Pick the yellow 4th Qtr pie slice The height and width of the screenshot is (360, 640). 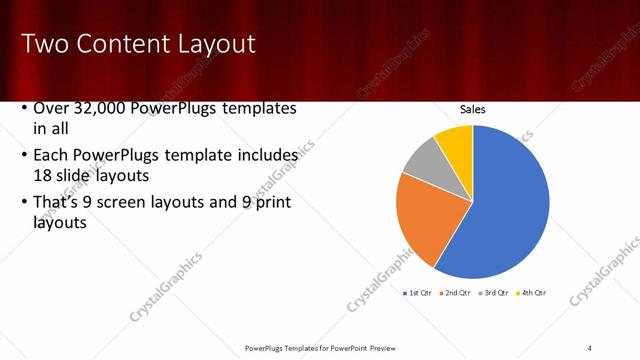(x=457, y=142)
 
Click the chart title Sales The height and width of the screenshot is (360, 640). (x=473, y=109)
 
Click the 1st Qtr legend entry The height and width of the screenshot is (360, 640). (x=419, y=293)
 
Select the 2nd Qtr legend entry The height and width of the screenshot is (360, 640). (x=455, y=293)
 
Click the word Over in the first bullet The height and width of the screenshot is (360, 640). (x=51, y=109)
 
